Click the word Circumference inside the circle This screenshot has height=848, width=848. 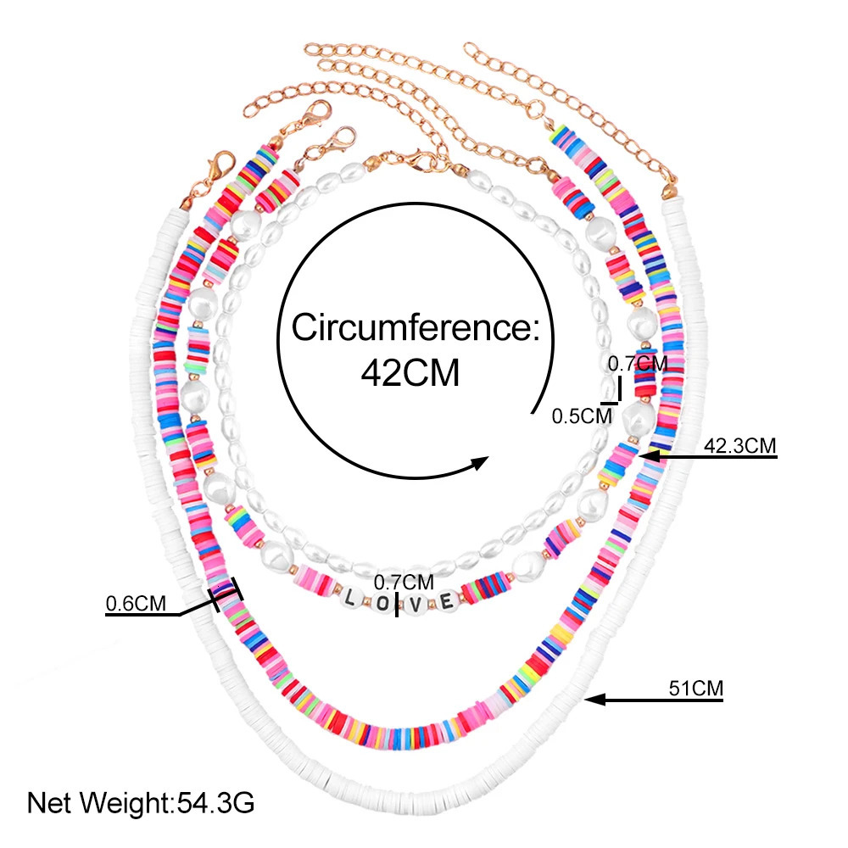point(416,327)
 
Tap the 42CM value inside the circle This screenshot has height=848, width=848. point(410,372)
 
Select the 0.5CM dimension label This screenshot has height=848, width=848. point(582,416)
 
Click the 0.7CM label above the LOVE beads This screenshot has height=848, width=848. point(404,582)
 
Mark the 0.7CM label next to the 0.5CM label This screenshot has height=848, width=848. point(638,364)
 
